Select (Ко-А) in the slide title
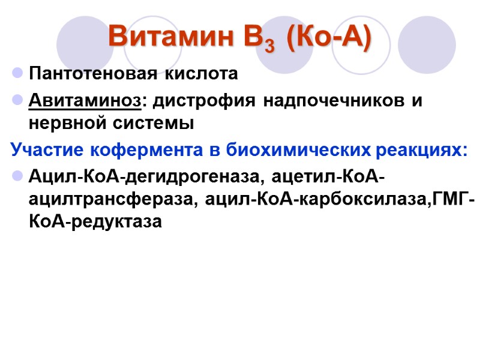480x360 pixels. pos(329,37)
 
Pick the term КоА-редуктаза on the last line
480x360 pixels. pos(95,222)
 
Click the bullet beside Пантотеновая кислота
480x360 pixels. pos(17,74)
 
